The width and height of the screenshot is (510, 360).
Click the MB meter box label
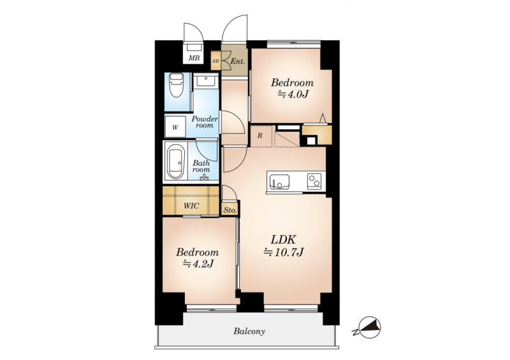point(194,58)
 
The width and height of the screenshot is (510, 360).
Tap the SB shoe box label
point(215,61)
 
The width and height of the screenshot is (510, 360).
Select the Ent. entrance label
point(237,61)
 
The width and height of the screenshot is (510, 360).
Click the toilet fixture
point(177,85)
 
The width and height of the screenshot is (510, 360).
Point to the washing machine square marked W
point(175,127)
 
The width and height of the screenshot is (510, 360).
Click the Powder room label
point(205,122)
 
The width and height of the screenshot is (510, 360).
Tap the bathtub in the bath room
point(176,162)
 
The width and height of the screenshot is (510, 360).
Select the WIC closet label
point(191,206)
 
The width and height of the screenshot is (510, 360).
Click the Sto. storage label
point(230,210)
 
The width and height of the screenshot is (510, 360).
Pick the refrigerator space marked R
point(259,136)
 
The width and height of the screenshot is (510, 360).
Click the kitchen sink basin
point(279,182)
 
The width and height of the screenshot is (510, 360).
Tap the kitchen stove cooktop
point(314,181)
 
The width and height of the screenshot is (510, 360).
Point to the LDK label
point(283,240)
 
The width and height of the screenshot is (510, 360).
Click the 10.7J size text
point(284,252)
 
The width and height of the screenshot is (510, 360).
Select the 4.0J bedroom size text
point(293,94)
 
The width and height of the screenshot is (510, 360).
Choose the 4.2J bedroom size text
point(198,264)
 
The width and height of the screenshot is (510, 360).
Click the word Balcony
point(249,331)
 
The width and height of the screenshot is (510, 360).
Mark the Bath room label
point(201,166)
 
